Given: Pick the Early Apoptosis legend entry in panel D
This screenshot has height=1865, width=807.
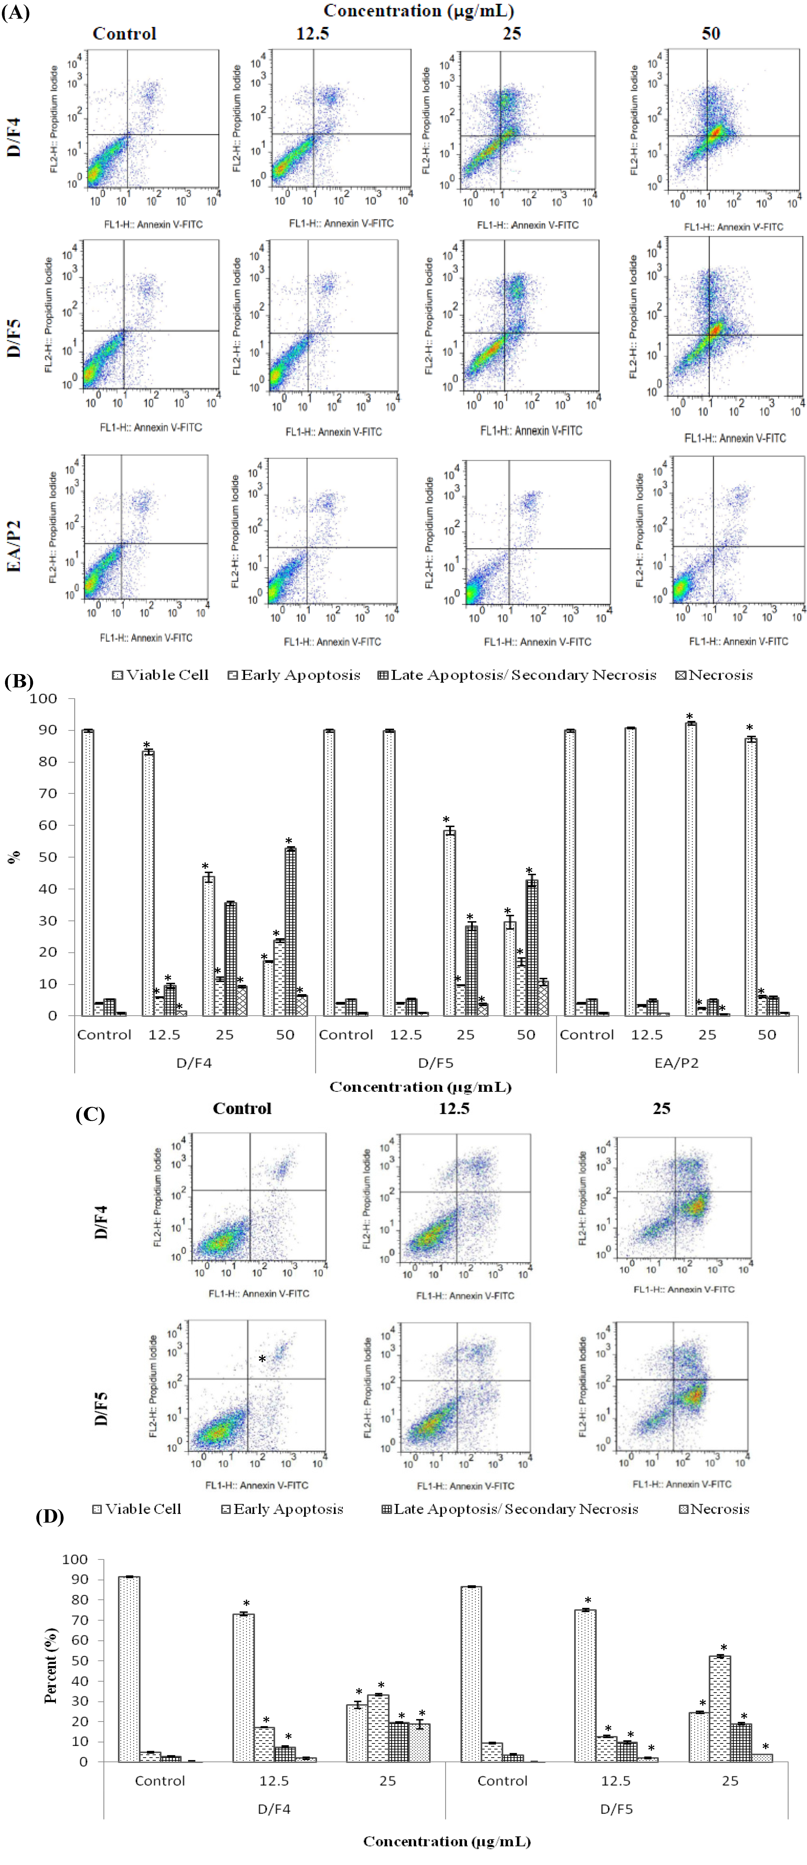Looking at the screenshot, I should coord(282,1509).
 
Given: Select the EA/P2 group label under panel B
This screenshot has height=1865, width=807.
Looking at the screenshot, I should coord(676,1063).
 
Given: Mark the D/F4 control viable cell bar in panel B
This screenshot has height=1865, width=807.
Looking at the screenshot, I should coord(88,872).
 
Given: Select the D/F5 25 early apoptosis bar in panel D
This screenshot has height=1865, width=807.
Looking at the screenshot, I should coord(719,1709).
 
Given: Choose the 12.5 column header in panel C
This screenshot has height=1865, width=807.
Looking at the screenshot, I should coord(454,1108).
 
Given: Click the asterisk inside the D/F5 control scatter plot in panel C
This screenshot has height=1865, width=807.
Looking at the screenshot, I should coord(262,1360).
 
